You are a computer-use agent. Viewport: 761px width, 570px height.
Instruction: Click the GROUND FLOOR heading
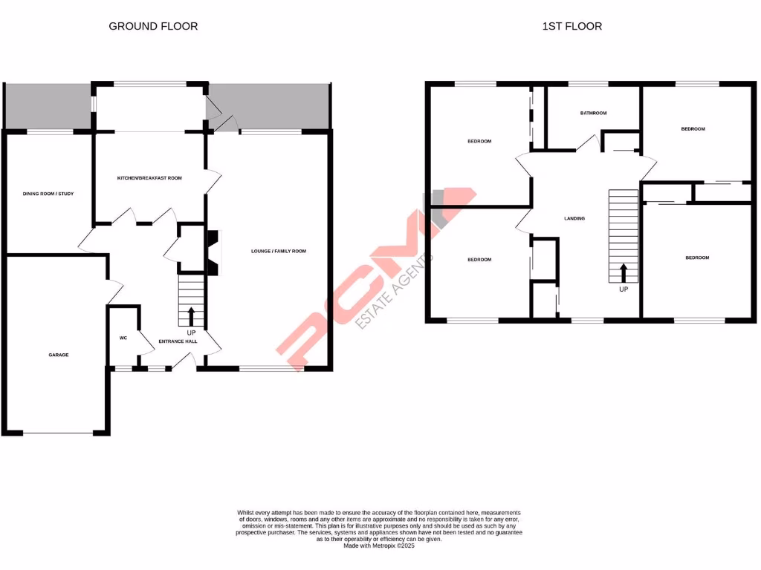click(153, 26)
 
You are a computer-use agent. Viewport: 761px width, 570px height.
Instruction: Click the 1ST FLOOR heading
click(572, 26)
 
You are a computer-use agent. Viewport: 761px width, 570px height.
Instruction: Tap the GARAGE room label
click(59, 355)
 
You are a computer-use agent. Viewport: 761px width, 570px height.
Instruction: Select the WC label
click(123, 338)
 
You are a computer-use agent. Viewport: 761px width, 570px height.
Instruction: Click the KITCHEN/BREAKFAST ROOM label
click(149, 178)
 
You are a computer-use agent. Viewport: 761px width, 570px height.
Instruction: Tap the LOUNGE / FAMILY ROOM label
click(279, 252)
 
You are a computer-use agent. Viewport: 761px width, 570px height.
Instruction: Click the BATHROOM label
click(594, 114)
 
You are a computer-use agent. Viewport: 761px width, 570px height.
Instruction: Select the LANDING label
click(574, 218)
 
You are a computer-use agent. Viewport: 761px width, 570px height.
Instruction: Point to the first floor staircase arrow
click(623, 272)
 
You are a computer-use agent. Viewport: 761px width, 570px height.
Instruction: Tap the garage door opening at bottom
click(58, 433)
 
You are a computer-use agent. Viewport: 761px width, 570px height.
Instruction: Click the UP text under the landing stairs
click(623, 289)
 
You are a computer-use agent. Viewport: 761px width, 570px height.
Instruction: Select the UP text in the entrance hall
click(191, 332)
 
